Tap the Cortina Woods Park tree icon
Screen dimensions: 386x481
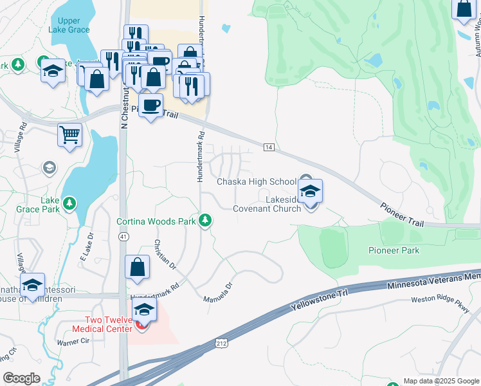[x=205, y=221]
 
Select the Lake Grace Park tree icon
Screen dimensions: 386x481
[x=71, y=204]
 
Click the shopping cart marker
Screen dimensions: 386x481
[x=69, y=135]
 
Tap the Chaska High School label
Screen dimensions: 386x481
[x=256, y=181]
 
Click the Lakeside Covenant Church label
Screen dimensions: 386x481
[x=267, y=204]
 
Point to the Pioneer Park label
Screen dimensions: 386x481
[x=394, y=250]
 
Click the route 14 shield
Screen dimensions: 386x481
[x=269, y=148]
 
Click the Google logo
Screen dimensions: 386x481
[x=22, y=378]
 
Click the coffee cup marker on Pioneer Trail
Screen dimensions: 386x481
[x=150, y=106]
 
